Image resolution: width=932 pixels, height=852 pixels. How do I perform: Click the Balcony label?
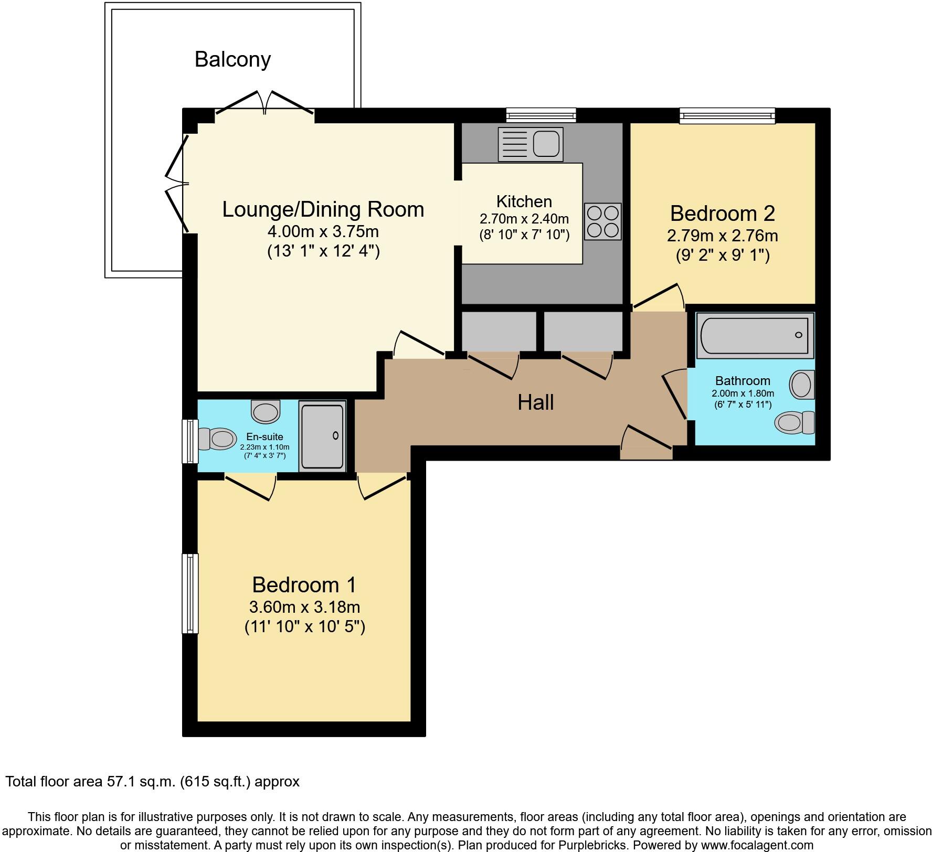coord(232,59)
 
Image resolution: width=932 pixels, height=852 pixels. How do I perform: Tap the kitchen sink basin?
coord(546,144)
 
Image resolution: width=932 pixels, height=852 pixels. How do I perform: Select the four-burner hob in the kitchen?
coord(602,221)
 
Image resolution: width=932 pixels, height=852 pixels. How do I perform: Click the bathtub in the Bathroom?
coord(755,336)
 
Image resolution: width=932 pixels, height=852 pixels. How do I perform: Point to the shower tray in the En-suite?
coord(322,436)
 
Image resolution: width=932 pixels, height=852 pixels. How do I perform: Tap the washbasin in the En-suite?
coord(266,411)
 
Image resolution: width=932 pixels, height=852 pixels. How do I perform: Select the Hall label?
coord(535,402)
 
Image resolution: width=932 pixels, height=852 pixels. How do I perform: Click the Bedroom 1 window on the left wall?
coord(190,593)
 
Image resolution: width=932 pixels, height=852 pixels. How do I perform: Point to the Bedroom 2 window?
coord(727,115)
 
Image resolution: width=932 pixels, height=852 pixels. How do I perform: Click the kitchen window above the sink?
coord(541,115)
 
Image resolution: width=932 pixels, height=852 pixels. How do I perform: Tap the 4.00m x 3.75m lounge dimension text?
coord(323,231)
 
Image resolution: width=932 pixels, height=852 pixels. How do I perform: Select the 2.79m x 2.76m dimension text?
coord(722,236)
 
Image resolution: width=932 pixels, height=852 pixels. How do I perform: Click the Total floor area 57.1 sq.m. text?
coord(152,782)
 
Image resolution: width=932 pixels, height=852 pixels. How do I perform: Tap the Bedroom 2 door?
coord(659,297)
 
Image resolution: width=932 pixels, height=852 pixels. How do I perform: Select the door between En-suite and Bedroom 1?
coord(250,487)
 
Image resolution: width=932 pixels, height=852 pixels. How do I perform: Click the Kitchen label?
coord(524,201)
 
